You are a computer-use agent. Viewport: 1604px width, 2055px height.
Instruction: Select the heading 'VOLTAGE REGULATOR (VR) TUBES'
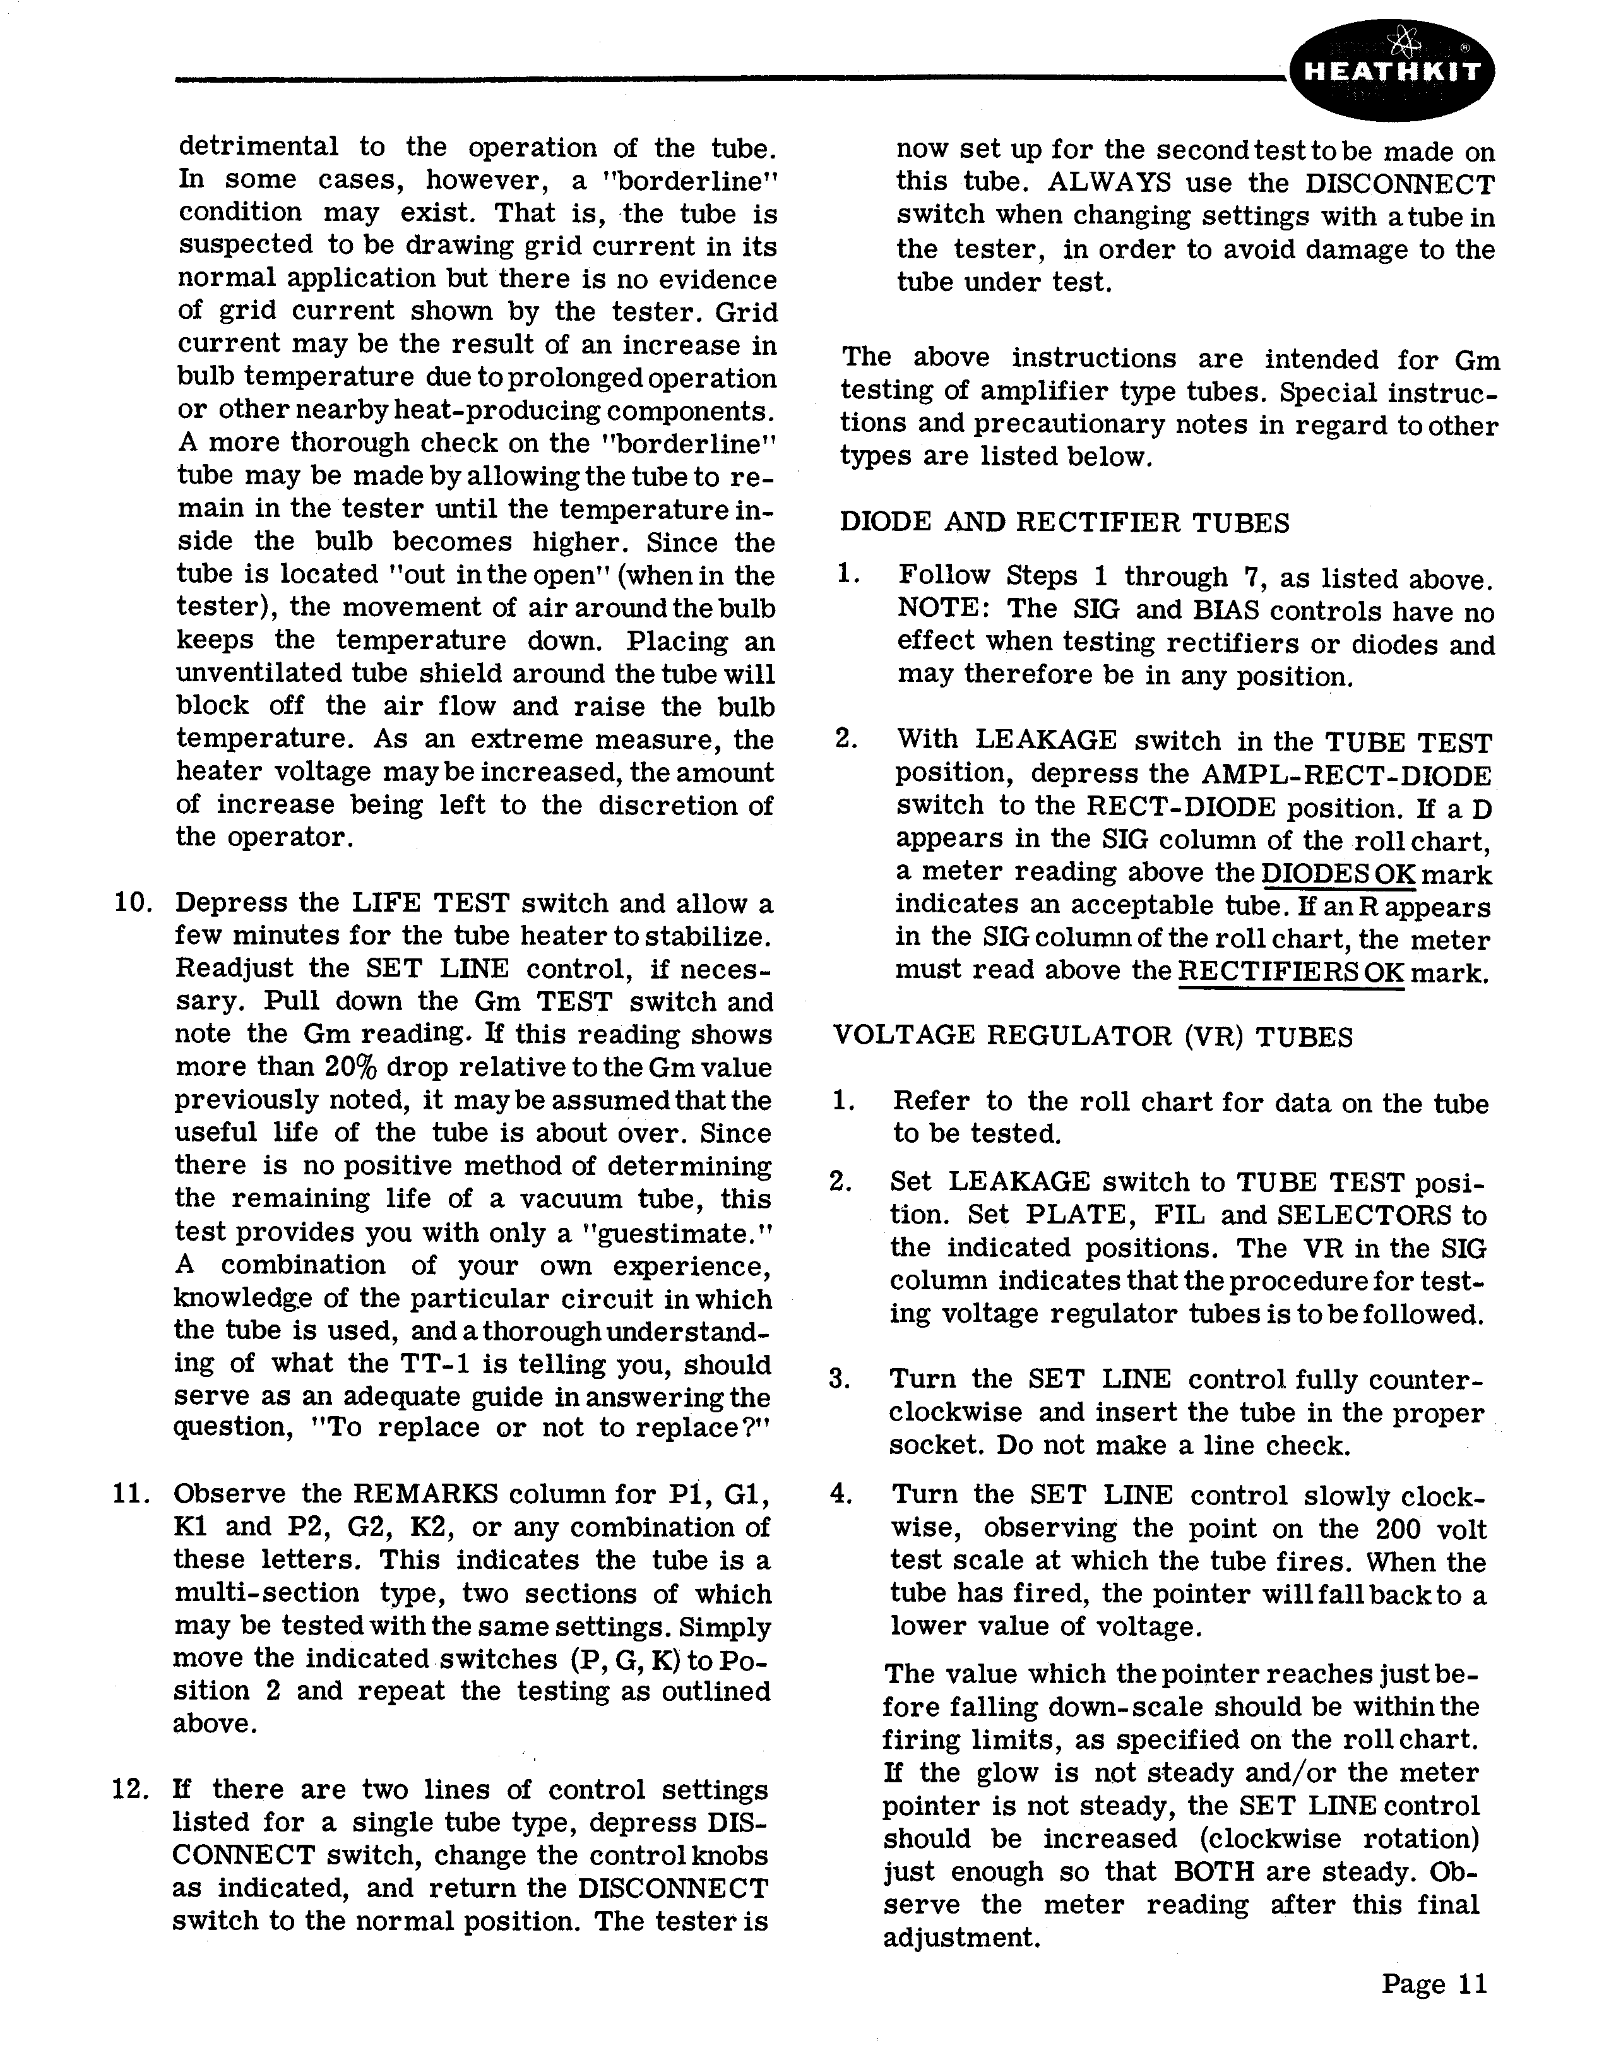[x=1093, y=1036]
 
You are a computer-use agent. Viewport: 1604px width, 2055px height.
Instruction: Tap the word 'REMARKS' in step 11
[x=427, y=1494]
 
